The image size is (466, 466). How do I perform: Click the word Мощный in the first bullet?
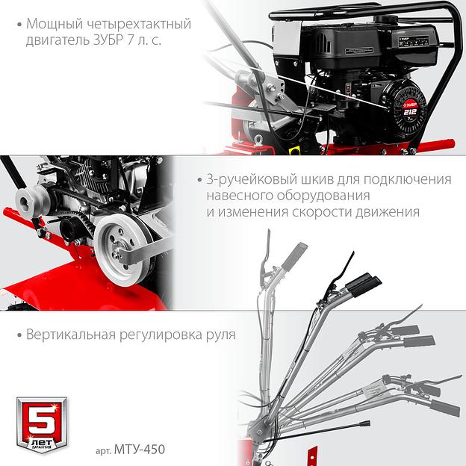pyautogui.click(x=55, y=24)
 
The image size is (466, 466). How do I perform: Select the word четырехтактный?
pyautogui.click(x=139, y=25)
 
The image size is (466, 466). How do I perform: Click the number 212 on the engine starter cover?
pyautogui.click(x=410, y=112)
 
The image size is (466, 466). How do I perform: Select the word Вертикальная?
pyautogui.click(x=71, y=335)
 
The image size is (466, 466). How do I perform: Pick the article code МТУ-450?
pyautogui.click(x=139, y=449)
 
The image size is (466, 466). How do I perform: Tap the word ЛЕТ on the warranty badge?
pyautogui.click(x=42, y=441)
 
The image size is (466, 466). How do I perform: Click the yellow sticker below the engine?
pyautogui.click(x=294, y=151)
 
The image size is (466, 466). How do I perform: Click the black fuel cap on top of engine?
pyautogui.click(x=386, y=19)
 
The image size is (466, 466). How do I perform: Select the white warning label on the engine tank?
pyautogui.click(x=358, y=51)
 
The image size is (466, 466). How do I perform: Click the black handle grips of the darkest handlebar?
pyautogui.click(x=363, y=284)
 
